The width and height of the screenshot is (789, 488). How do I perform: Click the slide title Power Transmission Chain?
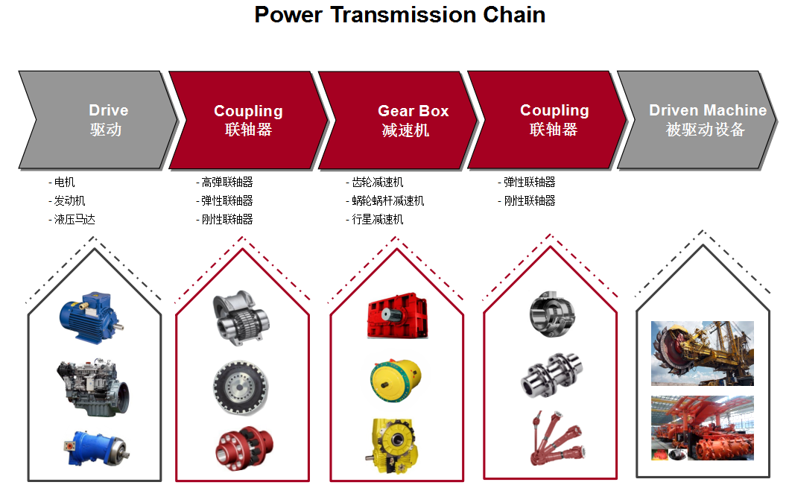point(399,15)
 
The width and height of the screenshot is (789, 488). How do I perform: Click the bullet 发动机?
point(67,200)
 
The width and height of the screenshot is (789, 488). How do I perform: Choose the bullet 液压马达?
point(72,219)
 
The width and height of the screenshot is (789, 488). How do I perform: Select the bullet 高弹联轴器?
point(224,182)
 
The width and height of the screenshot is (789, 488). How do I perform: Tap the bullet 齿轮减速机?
point(374,182)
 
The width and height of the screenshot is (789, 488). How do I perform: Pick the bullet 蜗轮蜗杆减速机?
point(385,200)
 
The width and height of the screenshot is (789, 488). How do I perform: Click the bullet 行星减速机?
point(374,219)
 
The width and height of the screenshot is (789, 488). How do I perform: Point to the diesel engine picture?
point(92,387)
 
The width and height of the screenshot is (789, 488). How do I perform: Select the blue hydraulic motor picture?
point(95,448)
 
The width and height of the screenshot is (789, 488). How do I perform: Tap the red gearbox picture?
point(398,315)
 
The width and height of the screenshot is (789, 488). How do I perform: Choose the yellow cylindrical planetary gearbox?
point(396,380)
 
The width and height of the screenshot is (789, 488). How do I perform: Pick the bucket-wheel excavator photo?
point(703,353)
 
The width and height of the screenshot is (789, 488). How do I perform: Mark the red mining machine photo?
point(703,428)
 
